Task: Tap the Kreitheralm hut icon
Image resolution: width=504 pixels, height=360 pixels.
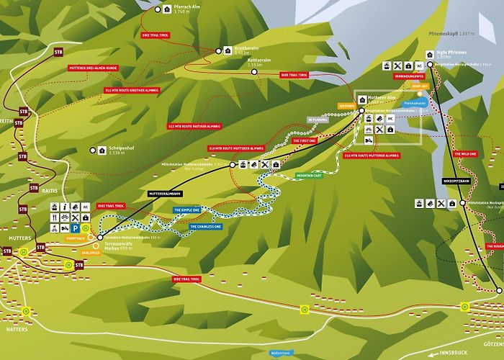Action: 221,51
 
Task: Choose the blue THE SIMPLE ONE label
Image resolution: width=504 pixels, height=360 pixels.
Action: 186,210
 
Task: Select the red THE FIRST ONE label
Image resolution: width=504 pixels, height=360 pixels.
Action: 307,141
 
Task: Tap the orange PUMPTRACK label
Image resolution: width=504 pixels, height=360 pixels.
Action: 76,238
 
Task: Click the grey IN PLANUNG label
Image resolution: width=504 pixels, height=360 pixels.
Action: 318,120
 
